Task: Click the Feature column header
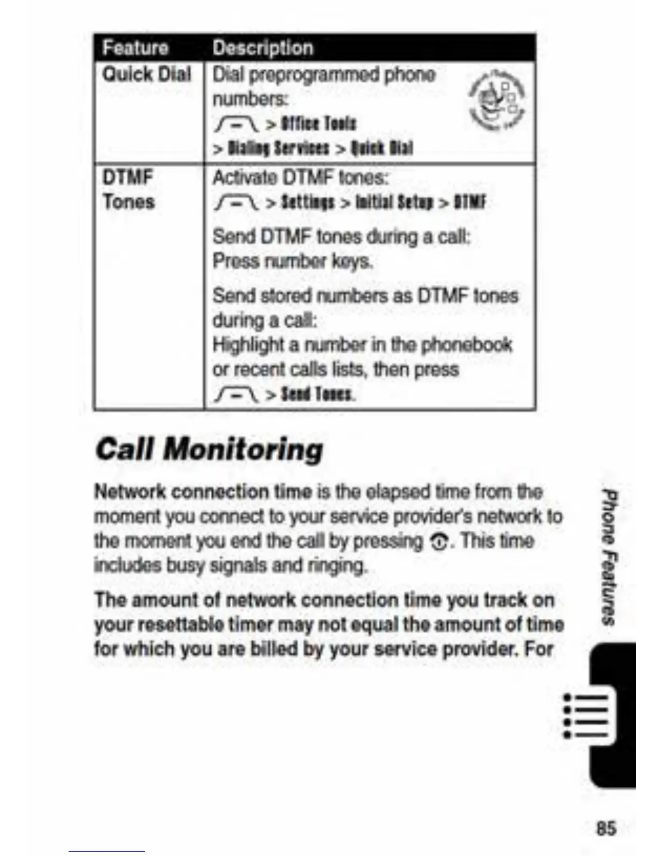pyautogui.click(x=136, y=48)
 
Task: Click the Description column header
pyautogui.click(x=262, y=48)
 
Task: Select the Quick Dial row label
pyautogui.click(x=147, y=75)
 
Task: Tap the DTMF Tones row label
pyautogui.click(x=129, y=190)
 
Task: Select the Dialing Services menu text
pyautogui.click(x=278, y=148)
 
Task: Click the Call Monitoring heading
pyautogui.click(x=209, y=450)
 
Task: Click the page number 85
pyautogui.click(x=605, y=828)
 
